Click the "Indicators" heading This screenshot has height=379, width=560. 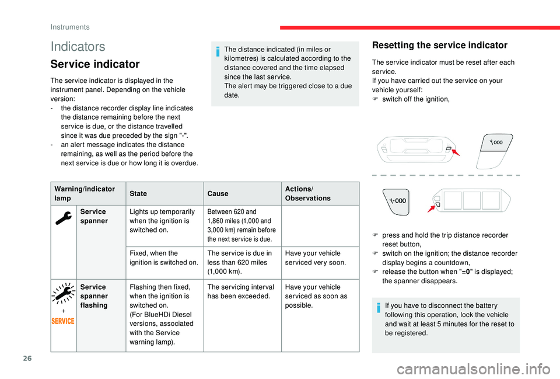pos(78,46)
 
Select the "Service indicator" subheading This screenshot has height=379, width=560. pos(95,64)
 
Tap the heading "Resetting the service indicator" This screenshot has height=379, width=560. pos(440,45)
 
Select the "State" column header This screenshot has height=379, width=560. pos(138,193)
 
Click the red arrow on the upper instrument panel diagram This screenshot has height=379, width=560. pos(453,153)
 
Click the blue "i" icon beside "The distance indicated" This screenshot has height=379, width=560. pos(219,52)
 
